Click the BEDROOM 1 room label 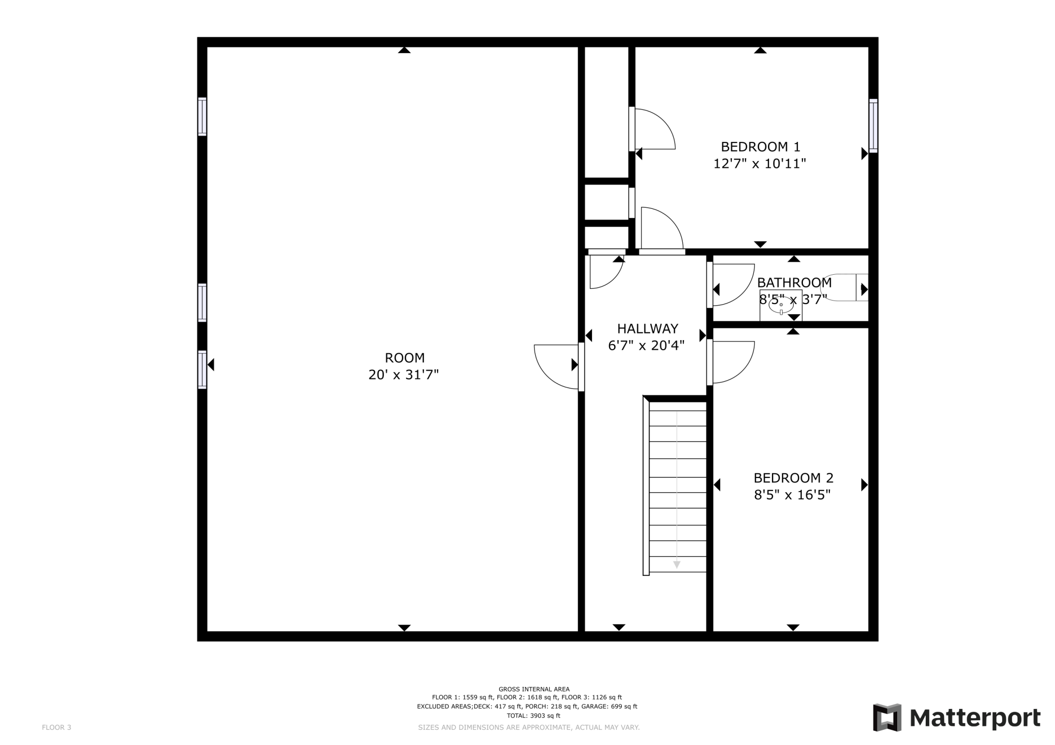[x=760, y=147]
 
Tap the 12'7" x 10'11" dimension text [x=760, y=164]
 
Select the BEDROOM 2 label [x=793, y=478]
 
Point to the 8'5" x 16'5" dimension [x=792, y=495]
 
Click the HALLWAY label [x=648, y=329]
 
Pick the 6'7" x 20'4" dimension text [x=647, y=346]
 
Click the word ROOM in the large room [x=405, y=358]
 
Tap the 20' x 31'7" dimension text [x=404, y=375]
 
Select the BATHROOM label [x=794, y=283]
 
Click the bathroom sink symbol [x=781, y=305]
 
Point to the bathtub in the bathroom [x=845, y=287]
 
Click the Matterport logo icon [x=887, y=718]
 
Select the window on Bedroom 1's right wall [x=873, y=126]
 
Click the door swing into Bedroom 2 [x=732, y=362]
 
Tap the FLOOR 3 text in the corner [x=56, y=728]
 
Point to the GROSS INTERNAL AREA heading [x=534, y=689]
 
